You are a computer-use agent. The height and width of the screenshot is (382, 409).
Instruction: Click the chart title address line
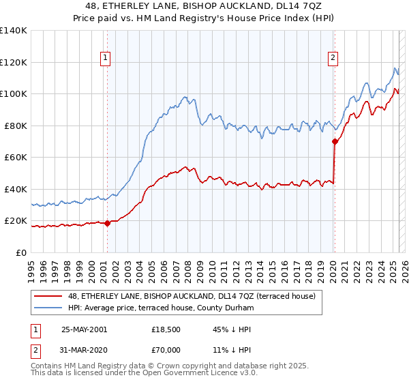pos(204,7)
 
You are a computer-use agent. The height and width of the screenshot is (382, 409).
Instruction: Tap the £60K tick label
pos(15,157)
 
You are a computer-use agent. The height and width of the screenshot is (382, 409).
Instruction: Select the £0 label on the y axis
pos(21,252)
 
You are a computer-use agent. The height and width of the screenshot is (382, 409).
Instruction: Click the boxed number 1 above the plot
pos(106,59)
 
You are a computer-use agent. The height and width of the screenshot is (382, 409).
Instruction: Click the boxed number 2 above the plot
pos(333,59)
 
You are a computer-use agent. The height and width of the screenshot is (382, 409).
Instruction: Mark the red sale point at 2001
pos(108,223)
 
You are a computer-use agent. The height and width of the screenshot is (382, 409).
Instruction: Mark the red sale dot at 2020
pos(335,142)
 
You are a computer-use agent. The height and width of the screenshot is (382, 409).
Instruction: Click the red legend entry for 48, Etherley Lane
pos(192,297)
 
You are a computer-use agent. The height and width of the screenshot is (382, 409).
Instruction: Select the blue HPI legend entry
pos(161,308)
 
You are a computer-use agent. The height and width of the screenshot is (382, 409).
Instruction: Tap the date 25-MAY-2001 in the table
pos(84,329)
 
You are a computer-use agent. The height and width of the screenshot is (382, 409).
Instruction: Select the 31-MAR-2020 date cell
pos(84,349)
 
